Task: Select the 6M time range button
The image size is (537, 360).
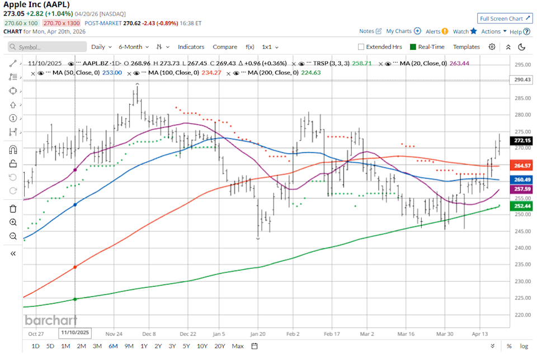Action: coord(113,346)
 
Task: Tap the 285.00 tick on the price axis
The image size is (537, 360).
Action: coord(522,99)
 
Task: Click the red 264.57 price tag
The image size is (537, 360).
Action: coord(522,166)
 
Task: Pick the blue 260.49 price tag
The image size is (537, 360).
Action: coord(522,179)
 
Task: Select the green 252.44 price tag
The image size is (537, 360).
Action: coord(522,206)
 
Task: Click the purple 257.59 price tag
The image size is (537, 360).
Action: coord(522,190)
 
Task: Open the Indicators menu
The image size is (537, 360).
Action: coord(191,47)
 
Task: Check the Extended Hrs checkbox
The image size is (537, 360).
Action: coord(361,47)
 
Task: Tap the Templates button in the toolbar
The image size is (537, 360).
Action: coord(466,47)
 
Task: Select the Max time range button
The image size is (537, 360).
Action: coord(237,346)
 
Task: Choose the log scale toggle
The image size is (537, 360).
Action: coord(524,346)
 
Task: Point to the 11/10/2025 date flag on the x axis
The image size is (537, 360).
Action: coord(75,333)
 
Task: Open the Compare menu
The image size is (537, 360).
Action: coord(225,47)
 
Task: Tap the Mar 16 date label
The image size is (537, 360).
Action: coord(406,333)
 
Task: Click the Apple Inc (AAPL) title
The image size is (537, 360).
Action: coord(37,4)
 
